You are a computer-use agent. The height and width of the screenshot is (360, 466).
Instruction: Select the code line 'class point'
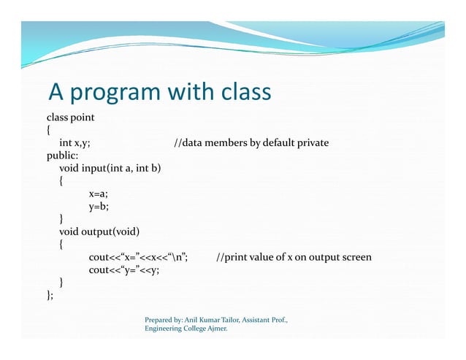tap(71, 117)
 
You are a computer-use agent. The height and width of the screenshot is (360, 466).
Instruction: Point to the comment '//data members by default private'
tap(251, 143)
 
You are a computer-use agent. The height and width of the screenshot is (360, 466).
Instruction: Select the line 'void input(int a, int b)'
tap(110, 169)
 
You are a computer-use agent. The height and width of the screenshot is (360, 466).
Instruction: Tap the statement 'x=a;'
tap(99, 194)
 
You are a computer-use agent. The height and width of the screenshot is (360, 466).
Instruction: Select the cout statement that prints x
tap(140, 258)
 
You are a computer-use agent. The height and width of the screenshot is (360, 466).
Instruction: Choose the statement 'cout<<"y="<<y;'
tap(124, 270)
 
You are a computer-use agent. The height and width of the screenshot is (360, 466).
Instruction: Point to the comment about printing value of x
tap(294, 258)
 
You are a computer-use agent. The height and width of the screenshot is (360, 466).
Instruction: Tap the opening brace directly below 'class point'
tap(49, 130)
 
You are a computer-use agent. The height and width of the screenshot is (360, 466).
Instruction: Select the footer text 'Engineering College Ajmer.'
tap(186, 330)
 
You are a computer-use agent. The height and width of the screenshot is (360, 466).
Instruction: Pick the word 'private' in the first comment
tap(312, 143)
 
